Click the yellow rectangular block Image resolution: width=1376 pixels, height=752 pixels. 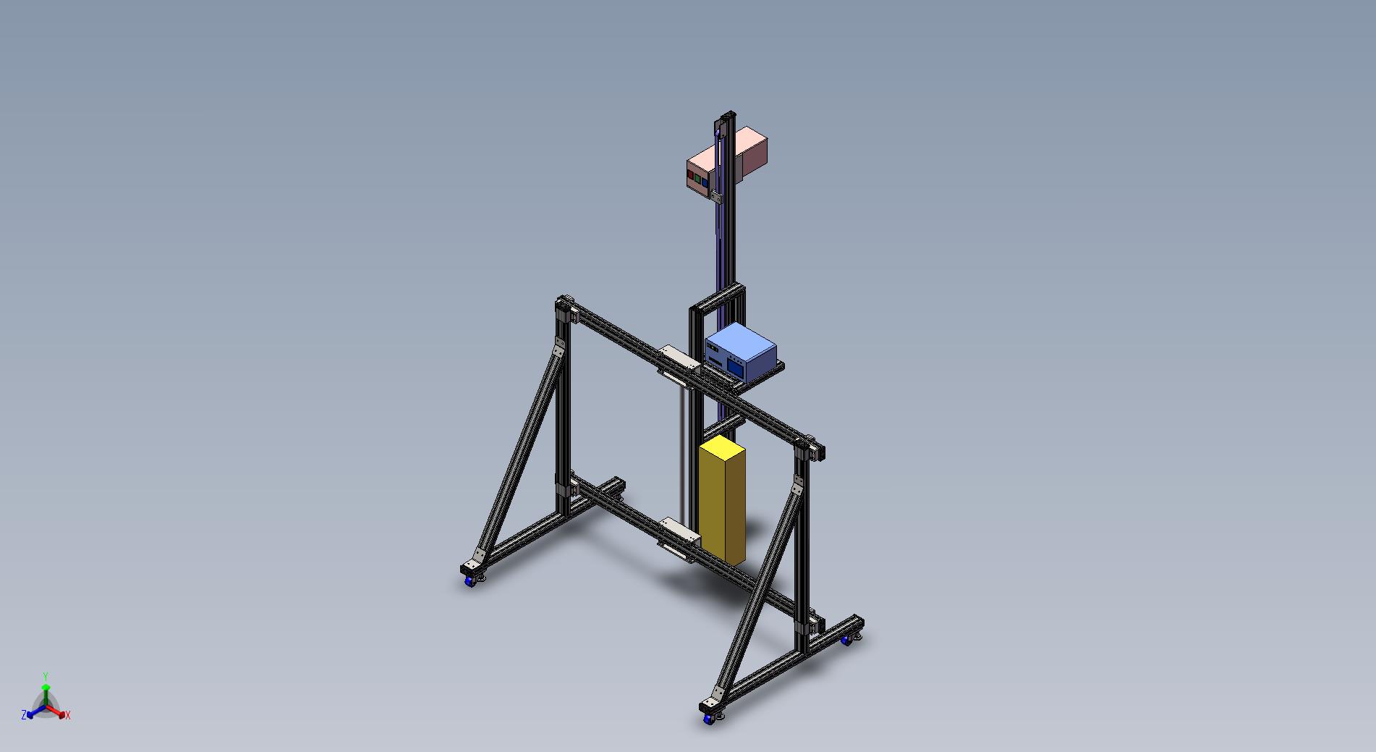coord(722,501)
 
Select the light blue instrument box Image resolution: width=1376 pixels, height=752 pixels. coord(740,352)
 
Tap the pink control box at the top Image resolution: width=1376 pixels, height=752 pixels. coord(726,161)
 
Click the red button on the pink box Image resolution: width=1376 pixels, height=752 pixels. coord(691,176)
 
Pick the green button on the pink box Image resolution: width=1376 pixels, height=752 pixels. coord(697,177)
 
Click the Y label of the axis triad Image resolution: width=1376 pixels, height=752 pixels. coord(46,676)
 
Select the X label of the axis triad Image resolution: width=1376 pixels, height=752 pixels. coord(68,715)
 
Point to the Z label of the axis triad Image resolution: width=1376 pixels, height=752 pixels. coord(24,715)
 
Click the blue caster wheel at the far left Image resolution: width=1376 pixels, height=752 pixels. coord(471,580)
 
